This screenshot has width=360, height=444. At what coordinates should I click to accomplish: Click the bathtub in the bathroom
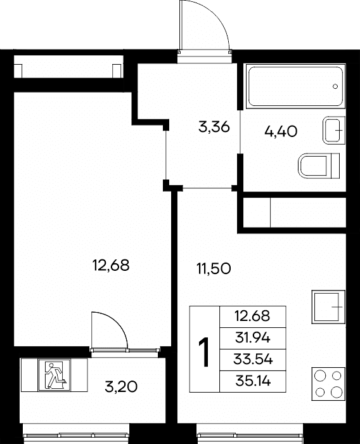pyautogui.click(x=296, y=86)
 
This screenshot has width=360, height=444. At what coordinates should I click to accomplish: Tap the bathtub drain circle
pyautogui.click(x=335, y=86)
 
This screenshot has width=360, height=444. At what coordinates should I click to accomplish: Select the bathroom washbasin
pyautogui.click(x=333, y=130)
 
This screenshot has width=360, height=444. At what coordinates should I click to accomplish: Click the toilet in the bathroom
pyautogui.click(x=319, y=166)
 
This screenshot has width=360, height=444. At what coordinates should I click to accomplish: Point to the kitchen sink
pyautogui.click(x=328, y=306)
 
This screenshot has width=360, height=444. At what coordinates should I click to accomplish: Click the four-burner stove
pyautogui.click(x=328, y=384)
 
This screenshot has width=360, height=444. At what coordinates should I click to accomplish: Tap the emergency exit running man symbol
pyautogui.click(x=54, y=375)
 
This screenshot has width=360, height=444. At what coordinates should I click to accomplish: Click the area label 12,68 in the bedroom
pyautogui.click(x=111, y=266)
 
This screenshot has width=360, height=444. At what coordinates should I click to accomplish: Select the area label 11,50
pyautogui.click(x=214, y=268)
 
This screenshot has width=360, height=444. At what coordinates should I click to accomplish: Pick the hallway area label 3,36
pyautogui.click(x=214, y=127)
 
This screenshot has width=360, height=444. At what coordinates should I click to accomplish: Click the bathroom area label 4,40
pyautogui.click(x=281, y=131)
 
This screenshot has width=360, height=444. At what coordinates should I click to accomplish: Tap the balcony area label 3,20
pyautogui.click(x=121, y=387)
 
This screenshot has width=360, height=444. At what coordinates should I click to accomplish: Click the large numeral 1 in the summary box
pyautogui.click(x=204, y=352)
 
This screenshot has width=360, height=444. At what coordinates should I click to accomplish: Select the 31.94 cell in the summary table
pyautogui.click(x=253, y=338)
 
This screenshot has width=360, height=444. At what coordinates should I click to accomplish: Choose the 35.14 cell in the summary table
pyautogui.click(x=253, y=381)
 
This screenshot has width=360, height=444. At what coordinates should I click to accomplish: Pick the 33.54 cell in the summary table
pyautogui.click(x=253, y=360)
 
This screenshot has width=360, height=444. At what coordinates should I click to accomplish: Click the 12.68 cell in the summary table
pyautogui.click(x=253, y=317)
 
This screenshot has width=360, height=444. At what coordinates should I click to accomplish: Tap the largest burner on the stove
pyautogui.click(x=337, y=392)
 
